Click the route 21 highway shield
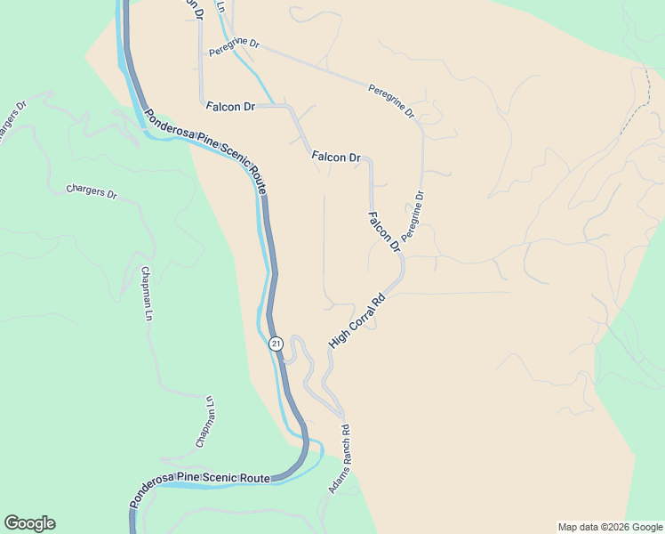tap(276, 344)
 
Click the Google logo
tap(29, 523)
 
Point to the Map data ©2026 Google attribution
tap(610, 527)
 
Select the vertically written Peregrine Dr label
tap(413, 216)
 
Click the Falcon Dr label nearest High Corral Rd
tap(384, 231)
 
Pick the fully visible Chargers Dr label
tap(92, 191)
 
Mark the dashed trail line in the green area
tap(633, 111)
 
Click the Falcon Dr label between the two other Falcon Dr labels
tap(335, 157)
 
